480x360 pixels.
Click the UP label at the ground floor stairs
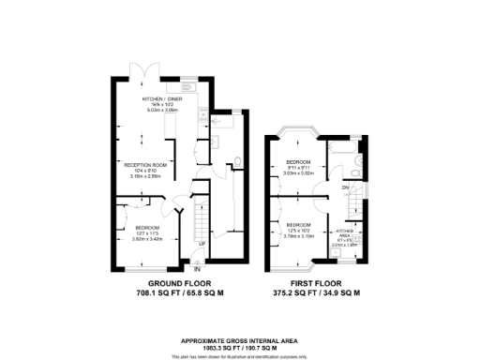point(201,246)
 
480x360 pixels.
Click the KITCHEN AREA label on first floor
point(345,232)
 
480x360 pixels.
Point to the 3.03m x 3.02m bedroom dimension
point(298,174)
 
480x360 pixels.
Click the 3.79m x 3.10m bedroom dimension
point(298,236)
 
